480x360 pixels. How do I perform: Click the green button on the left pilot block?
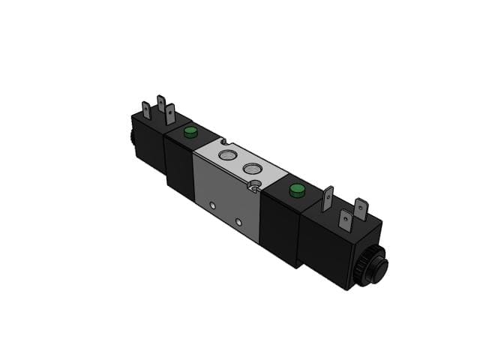[190, 133]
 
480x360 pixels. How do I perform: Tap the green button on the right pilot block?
[295, 189]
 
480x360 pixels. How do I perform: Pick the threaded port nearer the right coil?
[250, 166]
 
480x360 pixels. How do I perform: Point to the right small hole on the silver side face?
[238, 222]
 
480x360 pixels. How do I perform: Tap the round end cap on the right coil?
[380, 266]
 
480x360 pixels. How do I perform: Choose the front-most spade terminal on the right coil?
[346, 220]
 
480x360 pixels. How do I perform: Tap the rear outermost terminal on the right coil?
[361, 208]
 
